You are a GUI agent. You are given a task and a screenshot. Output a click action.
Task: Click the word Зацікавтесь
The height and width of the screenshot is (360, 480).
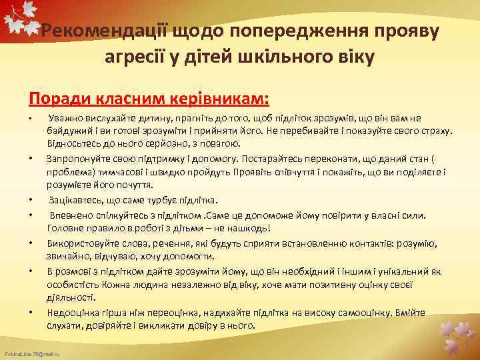pos(76,200)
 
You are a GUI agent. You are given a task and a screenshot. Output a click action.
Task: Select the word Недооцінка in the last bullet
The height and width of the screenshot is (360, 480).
pos(72,313)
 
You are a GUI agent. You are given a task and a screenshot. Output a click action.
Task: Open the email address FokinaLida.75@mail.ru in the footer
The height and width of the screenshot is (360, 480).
pos(31,353)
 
